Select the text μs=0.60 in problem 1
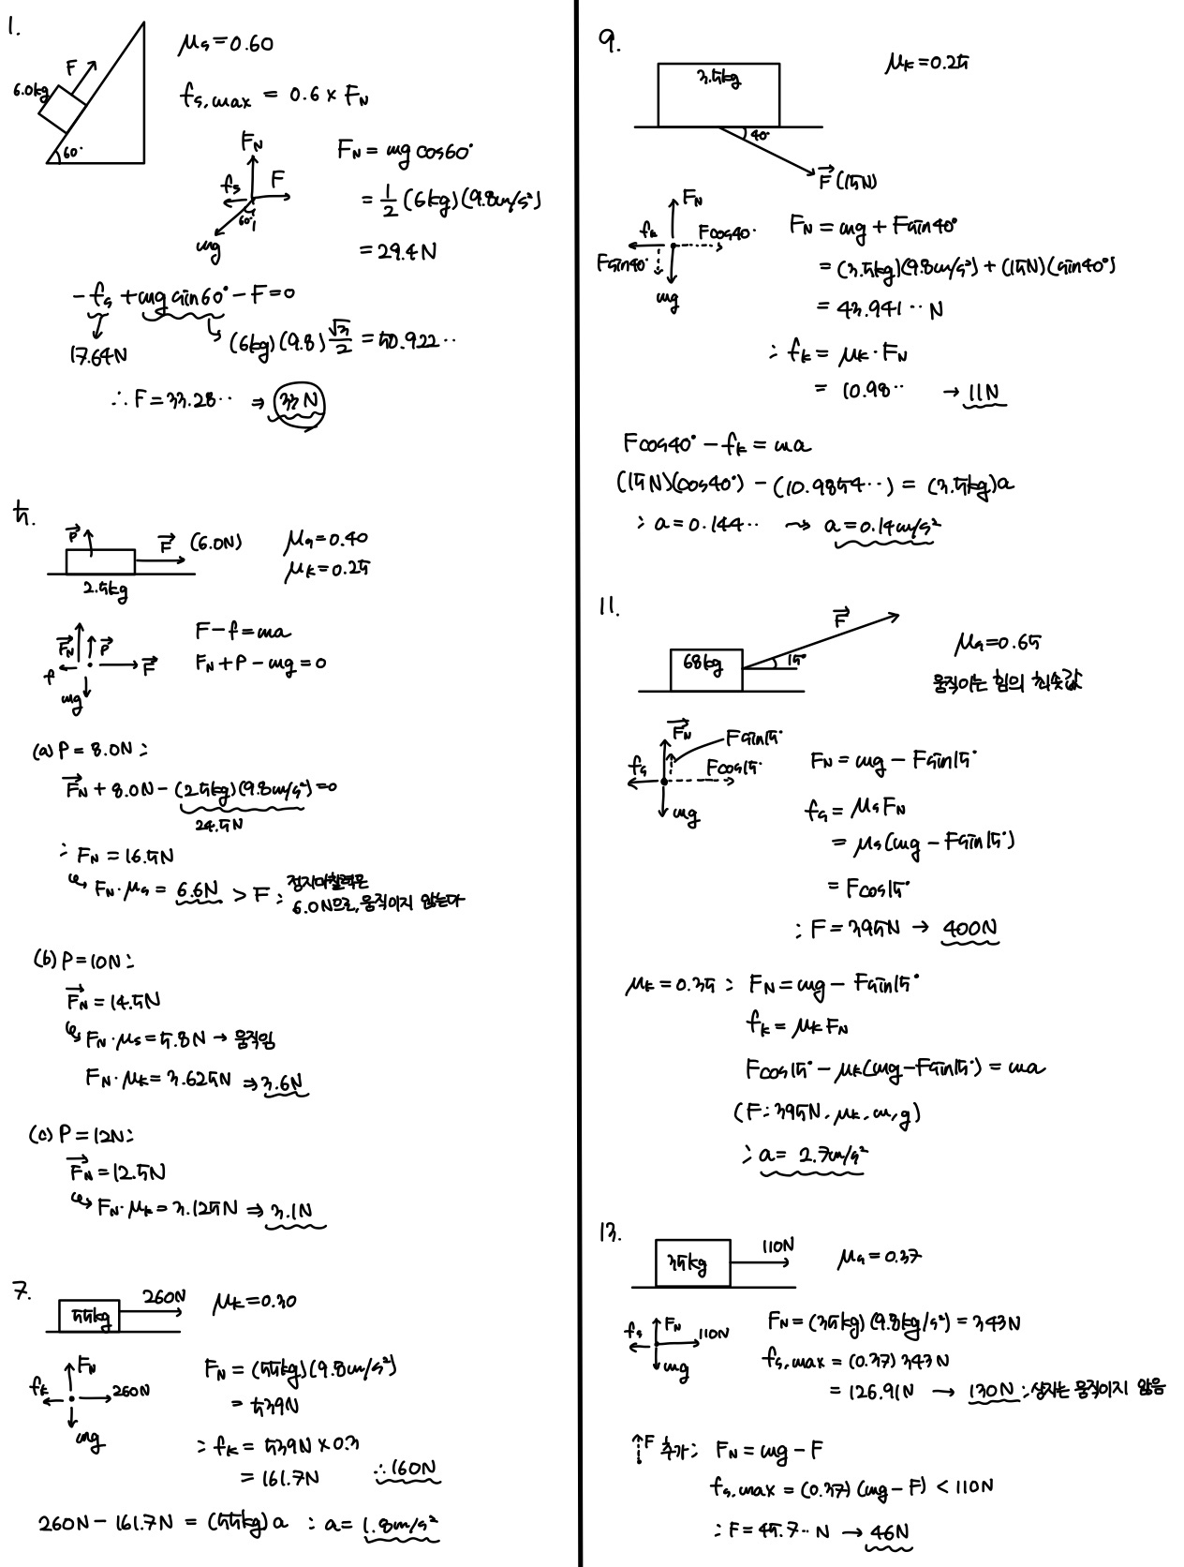pos(225,45)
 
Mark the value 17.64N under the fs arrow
pos(99,357)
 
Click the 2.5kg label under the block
pos(103,590)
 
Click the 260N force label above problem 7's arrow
pos(164,1296)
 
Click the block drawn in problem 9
pos(718,94)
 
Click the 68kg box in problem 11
pos(705,669)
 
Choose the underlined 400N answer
pos(969,929)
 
